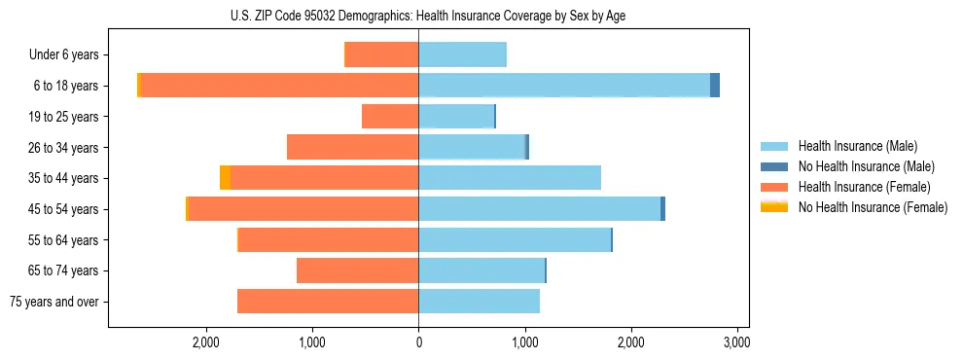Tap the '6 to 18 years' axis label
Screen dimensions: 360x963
(x=65, y=86)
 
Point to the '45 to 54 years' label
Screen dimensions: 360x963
(x=63, y=209)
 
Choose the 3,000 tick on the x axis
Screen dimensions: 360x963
(x=736, y=342)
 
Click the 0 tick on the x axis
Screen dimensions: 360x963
(x=418, y=342)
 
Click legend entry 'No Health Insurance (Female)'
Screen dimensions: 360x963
(x=873, y=207)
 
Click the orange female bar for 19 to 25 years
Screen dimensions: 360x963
(x=390, y=117)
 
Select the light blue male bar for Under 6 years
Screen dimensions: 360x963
(x=462, y=55)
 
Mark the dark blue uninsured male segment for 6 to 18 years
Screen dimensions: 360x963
(x=715, y=86)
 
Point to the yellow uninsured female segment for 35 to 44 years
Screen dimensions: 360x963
(x=225, y=178)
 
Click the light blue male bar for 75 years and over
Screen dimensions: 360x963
(x=479, y=302)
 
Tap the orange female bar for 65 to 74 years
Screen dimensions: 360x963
(x=357, y=270)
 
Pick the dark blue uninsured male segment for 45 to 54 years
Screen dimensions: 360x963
(x=662, y=209)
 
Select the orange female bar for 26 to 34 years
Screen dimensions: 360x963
(x=352, y=147)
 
